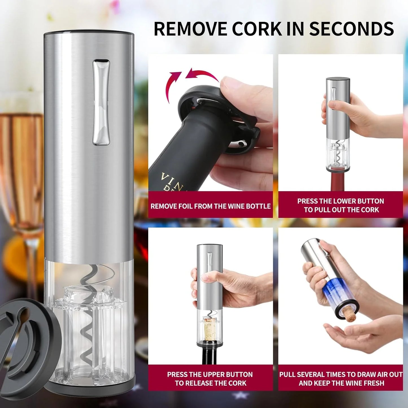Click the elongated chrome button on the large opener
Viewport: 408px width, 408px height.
click(101, 102)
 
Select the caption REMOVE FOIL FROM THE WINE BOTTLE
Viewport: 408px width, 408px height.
click(210, 206)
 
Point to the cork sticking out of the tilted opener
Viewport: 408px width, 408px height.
click(350, 314)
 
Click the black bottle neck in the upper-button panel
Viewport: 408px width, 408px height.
click(210, 354)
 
